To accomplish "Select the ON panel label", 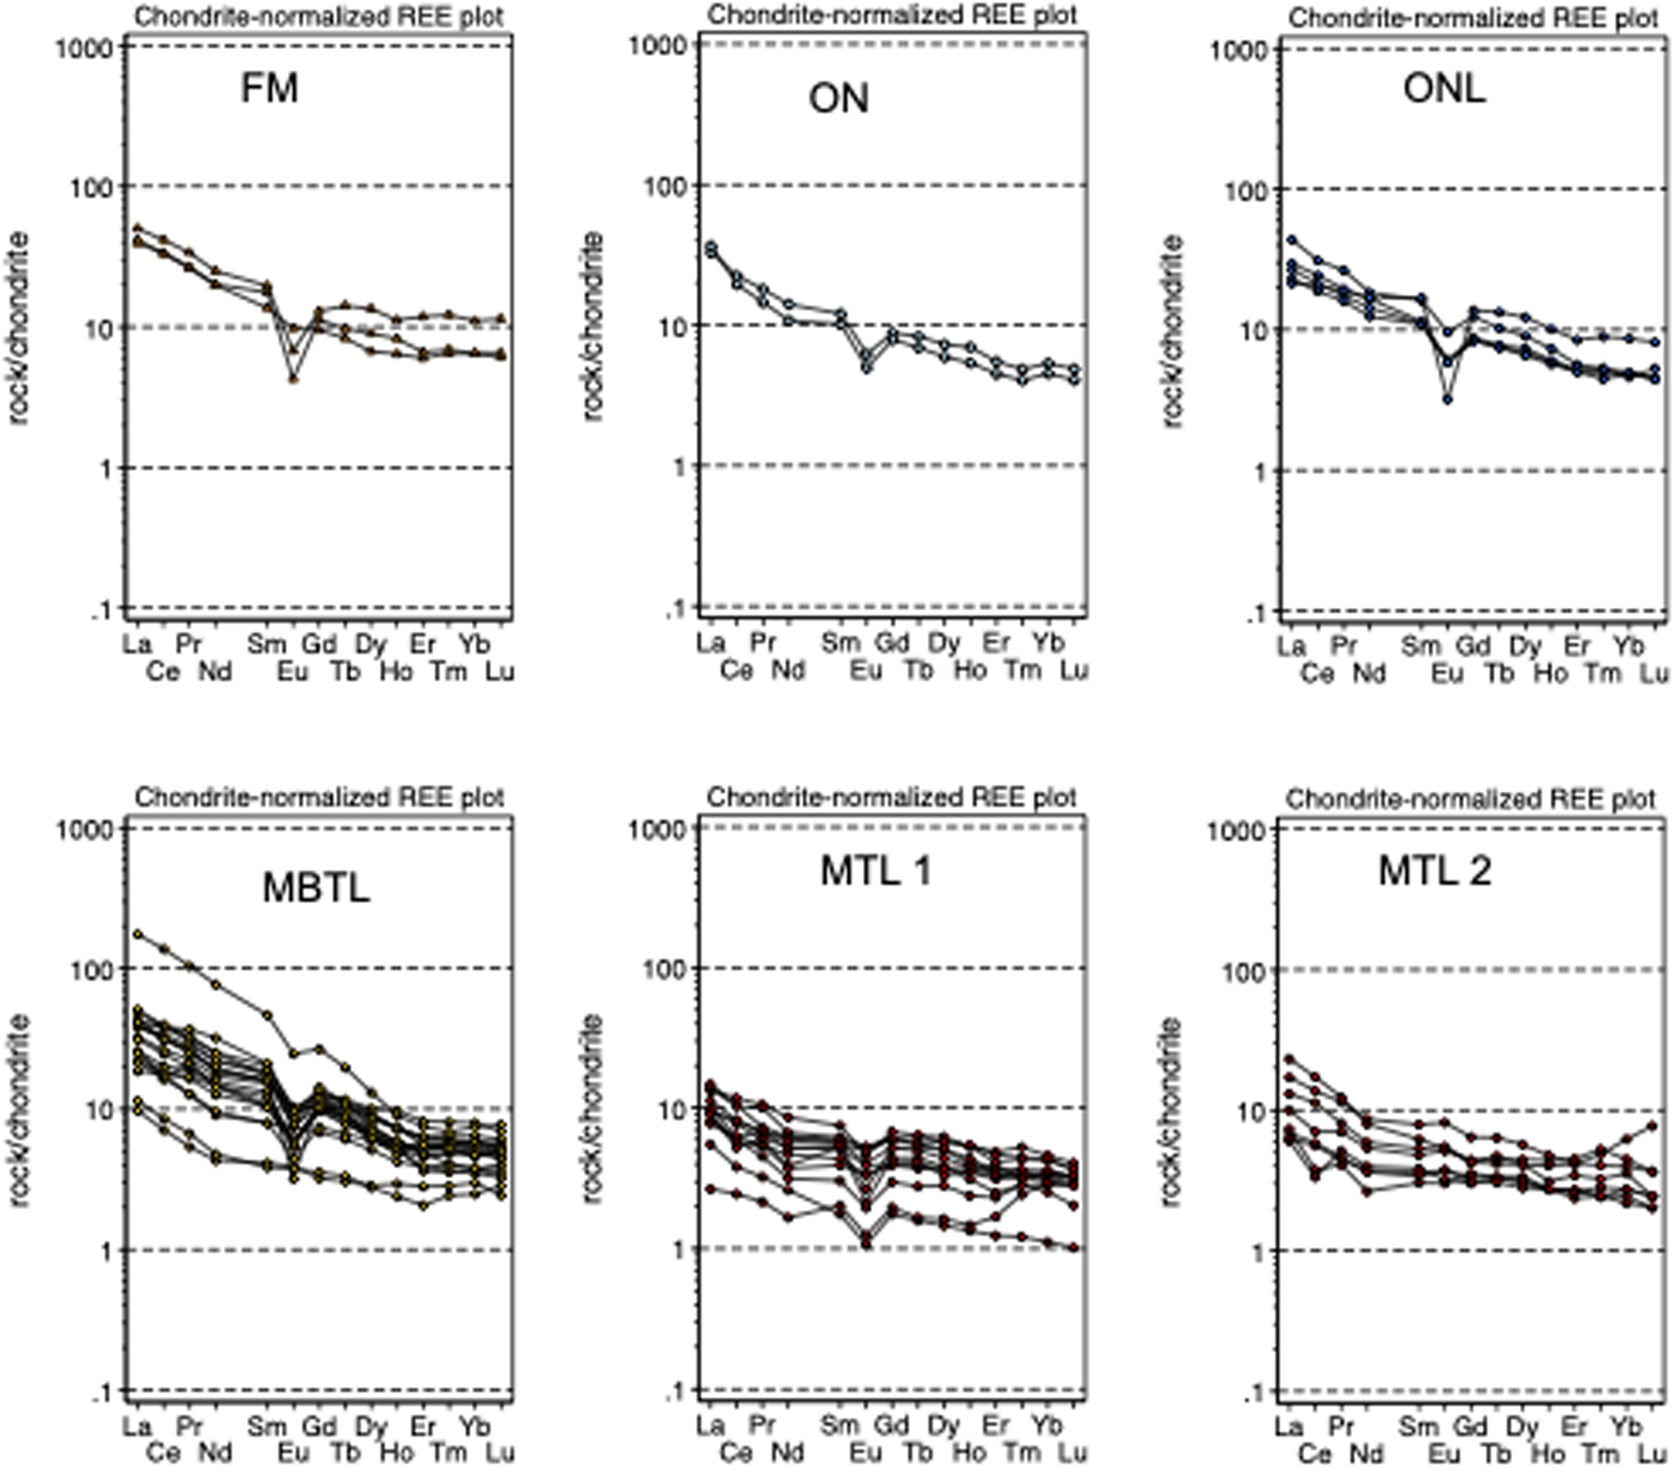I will (838, 99).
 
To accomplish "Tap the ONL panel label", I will (1444, 88).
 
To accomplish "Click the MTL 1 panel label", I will (876, 871).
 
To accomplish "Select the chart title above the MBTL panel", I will (320, 797).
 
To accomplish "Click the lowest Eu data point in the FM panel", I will (293, 379).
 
